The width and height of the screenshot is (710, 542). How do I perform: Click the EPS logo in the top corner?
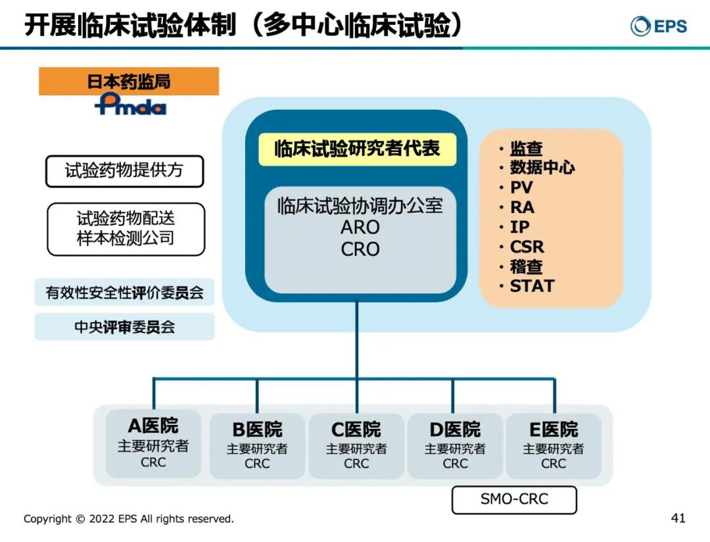(658, 26)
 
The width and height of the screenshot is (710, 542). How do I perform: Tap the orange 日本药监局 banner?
(129, 82)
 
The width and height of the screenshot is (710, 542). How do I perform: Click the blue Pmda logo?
(130, 104)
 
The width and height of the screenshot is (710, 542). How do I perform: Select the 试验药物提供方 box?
(124, 171)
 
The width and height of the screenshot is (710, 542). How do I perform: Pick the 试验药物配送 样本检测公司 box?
(126, 228)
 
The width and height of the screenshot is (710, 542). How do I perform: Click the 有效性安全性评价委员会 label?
(124, 293)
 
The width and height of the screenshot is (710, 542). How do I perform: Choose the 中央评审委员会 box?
(124, 327)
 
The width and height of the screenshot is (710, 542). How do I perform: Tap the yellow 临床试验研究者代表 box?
(357, 149)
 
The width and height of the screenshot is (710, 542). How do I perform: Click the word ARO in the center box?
(360, 228)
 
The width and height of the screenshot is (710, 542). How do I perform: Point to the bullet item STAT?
(532, 286)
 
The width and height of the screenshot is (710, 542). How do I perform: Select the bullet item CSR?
(527, 247)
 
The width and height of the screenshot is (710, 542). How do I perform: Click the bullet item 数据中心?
(542, 168)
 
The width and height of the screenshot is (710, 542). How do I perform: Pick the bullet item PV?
(521, 187)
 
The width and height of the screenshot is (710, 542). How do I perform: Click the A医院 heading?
(153, 426)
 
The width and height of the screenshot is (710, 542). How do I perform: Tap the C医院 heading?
(356, 430)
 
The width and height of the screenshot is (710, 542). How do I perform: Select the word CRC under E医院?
(554, 464)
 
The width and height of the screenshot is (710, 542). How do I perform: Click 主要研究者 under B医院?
(257, 449)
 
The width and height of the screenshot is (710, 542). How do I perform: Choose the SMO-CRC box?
(514, 499)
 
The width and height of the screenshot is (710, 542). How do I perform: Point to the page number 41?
(678, 518)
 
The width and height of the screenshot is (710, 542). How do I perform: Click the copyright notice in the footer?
(129, 519)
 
